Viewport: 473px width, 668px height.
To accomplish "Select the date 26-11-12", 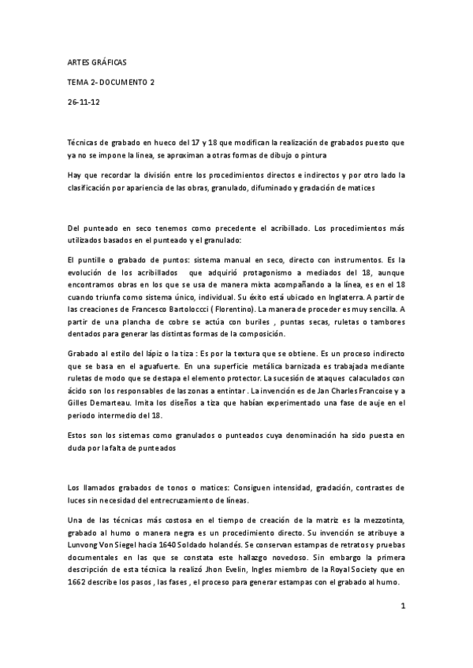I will pos(81,102).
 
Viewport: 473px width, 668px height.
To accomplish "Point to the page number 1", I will pos(402,606).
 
